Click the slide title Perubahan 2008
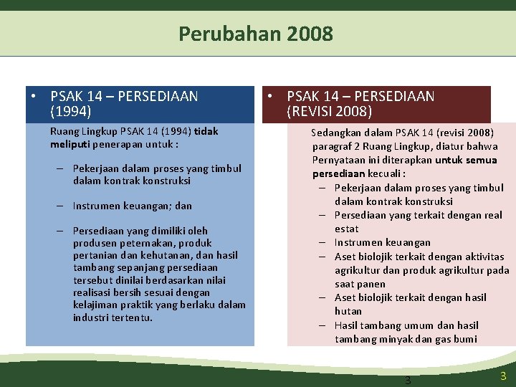(256, 34)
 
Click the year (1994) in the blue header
(71, 111)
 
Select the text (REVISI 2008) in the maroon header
(329, 111)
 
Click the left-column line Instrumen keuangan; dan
(133, 206)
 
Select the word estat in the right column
(347, 229)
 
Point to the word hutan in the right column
(348, 311)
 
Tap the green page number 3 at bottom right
(503, 376)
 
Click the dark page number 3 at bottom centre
(408, 380)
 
